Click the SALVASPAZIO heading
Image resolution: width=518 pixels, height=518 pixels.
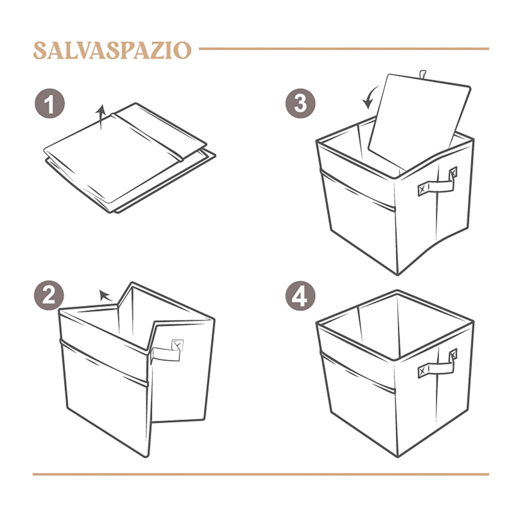[112, 50]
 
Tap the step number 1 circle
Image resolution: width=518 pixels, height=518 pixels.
[50, 104]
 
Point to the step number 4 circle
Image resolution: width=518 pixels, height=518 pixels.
[300, 296]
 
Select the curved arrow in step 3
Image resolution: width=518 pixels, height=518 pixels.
[368, 98]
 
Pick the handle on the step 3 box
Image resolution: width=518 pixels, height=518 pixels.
[437, 184]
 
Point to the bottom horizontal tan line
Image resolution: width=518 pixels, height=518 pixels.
[261, 474]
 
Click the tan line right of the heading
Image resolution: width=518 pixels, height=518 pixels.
[344, 49]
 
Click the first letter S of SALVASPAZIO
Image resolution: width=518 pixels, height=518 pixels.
[40, 50]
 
